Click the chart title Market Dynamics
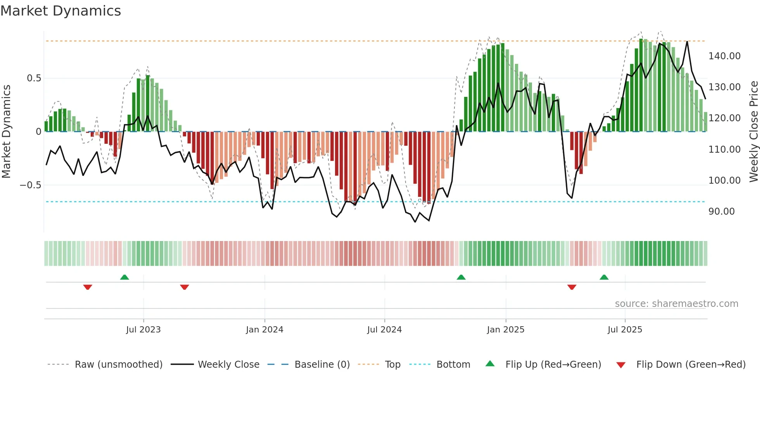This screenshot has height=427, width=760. (60, 11)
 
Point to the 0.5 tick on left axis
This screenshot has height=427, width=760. (34, 78)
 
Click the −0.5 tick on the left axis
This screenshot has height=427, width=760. (30, 185)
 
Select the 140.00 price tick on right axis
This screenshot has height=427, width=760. (724, 56)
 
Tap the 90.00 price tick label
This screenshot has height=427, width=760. (721, 212)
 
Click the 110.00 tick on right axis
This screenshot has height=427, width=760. (724, 150)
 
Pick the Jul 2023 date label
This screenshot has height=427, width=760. (143, 330)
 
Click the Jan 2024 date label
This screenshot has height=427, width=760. (264, 330)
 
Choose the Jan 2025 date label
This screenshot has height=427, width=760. (506, 330)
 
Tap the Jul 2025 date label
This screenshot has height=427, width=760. (625, 330)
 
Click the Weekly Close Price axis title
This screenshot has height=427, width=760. (753, 131)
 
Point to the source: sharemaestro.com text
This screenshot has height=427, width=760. (676, 304)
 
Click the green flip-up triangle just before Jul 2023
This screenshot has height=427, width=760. (124, 277)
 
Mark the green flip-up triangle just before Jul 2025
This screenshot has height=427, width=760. (604, 277)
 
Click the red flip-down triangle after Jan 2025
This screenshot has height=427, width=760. (572, 287)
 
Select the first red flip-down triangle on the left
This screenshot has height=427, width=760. (88, 287)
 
